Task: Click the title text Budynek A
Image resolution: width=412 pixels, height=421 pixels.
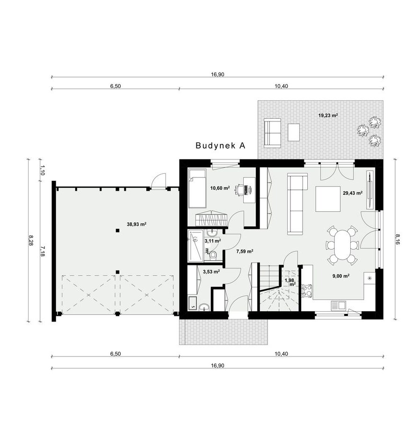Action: click(220, 145)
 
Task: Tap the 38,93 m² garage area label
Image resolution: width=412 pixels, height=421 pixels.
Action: click(137, 224)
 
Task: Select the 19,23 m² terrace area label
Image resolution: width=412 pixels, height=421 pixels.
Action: click(328, 115)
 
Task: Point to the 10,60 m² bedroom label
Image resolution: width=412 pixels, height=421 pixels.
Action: click(220, 188)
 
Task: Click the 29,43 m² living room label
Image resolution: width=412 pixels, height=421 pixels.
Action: click(353, 193)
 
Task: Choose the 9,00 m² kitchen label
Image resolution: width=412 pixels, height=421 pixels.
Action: click(341, 276)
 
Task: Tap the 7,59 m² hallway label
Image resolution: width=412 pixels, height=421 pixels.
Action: click(245, 251)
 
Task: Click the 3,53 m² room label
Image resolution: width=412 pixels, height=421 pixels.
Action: click(211, 272)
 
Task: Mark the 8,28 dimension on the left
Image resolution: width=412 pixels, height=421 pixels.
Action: click(31, 241)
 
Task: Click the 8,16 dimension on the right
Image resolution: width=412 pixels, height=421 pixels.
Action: click(397, 239)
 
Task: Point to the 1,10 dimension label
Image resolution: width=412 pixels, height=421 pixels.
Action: click(42, 170)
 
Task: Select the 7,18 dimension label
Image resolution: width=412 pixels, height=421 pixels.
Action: click(42, 251)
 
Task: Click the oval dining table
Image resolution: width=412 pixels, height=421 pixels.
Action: click(342, 244)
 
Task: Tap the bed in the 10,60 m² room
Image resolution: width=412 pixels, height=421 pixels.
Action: click(197, 188)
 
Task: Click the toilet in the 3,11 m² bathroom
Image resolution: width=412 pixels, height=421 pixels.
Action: click(213, 255)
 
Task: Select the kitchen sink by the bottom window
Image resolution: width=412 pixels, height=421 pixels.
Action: click(338, 305)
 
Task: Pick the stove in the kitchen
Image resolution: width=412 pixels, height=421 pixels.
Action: click(307, 291)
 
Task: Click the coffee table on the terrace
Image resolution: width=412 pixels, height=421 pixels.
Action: click(294, 132)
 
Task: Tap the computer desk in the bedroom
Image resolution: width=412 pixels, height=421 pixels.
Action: click(249, 190)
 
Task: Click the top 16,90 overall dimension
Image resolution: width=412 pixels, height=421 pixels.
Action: click(217, 74)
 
